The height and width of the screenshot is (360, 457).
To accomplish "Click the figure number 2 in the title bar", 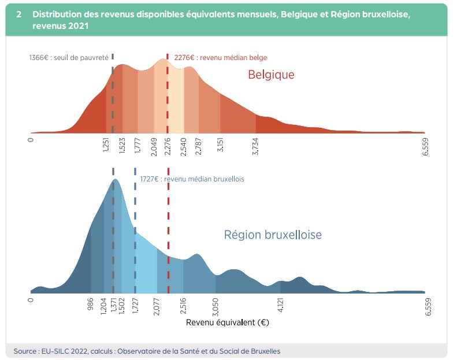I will pos(19,14).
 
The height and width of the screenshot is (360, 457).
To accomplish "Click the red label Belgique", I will pos(271,75).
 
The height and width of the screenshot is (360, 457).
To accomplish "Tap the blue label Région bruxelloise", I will pos(273,235).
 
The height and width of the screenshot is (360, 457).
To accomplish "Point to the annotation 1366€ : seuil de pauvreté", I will pos(68,58).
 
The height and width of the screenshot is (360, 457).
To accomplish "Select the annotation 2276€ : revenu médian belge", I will pos(220,58).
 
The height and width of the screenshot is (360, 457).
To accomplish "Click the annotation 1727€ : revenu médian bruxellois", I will pos(192,179).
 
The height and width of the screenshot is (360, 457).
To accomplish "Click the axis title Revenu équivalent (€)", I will pos(228,322).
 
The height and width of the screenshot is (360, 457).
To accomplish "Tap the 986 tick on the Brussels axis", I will pos(91,305).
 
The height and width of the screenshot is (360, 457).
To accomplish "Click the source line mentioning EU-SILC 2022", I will pos(147,351).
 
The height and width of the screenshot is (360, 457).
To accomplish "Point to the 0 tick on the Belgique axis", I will pos(31,139).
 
